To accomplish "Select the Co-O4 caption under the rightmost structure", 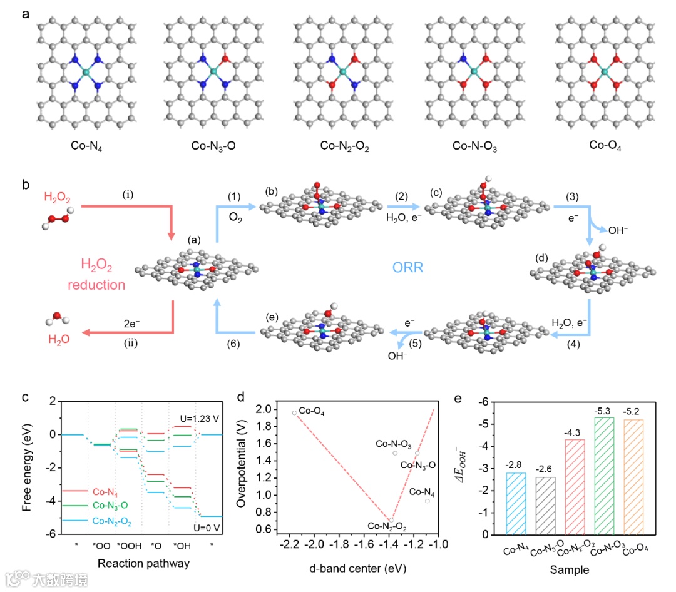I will click(x=605, y=146).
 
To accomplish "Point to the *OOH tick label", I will click(x=129, y=546).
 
